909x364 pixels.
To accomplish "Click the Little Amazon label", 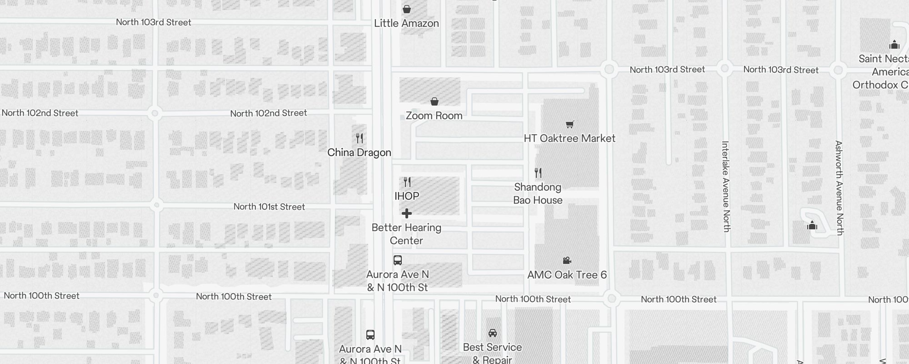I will click(x=406, y=23).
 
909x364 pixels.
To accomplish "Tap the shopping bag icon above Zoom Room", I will click(x=435, y=101).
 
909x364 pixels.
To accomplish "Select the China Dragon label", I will click(x=359, y=152).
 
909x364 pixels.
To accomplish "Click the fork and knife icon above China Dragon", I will click(x=360, y=138).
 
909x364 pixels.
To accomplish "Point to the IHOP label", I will click(x=407, y=196).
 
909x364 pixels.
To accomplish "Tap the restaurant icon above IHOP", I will click(x=407, y=182).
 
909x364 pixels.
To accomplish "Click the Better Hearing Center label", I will click(x=406, y=234).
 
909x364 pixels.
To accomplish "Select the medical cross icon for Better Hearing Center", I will click(x=407, y=213).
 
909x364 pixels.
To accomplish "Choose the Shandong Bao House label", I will click(x=538, y=193).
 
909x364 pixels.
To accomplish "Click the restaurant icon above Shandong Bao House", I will click(x=538, y=173).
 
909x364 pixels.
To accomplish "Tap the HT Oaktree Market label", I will click(x=569, y=138).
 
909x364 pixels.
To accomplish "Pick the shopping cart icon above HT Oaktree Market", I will click(x=569, y=124).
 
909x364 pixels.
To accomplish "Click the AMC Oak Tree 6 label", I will click(x=567, y=275).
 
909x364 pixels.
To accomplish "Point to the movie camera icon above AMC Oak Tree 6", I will click(x=567, y=260).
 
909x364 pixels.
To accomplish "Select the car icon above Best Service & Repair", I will click(x=492, y=333).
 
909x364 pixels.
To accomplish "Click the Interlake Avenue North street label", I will click(x=726, y=187).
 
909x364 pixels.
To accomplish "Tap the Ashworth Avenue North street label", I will click(x=839, y=188).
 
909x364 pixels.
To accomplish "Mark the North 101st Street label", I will click(x=269, y=207).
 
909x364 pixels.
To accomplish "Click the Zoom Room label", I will click(x=434, y=116).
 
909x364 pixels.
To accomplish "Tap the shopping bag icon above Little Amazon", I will click(x=407, y=9).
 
